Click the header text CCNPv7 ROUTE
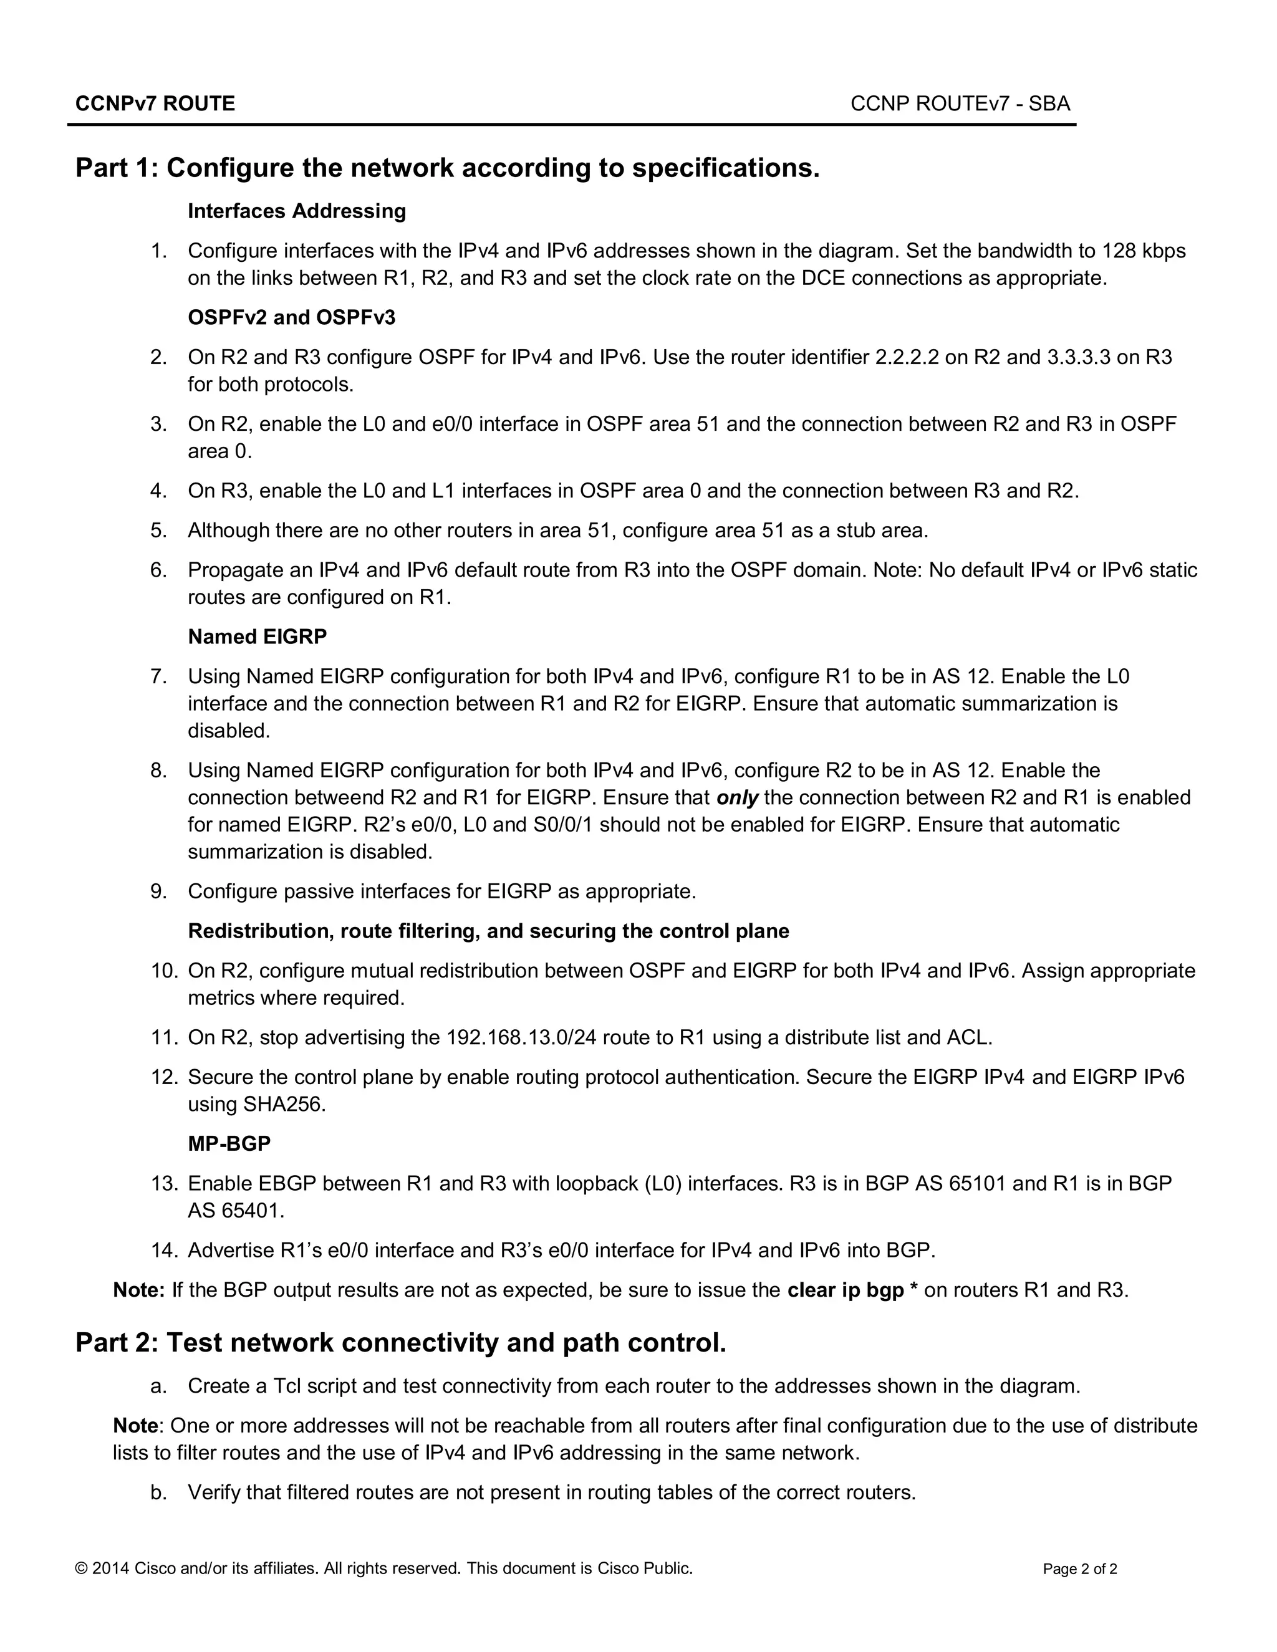(155, 103)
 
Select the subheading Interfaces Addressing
(297, 211)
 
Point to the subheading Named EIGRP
(258, 637)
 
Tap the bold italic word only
(737, 798)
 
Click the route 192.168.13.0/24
(521, 1038)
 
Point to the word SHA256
(284, 1105)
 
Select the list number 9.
(159, 892)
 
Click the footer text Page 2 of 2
(1079, 1569)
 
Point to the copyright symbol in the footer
(82, 1568)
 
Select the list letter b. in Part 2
(159, 1492)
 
